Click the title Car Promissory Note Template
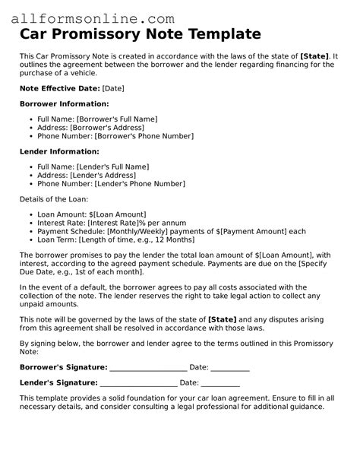[x=141, y=34]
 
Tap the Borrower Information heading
[x=64, y=103]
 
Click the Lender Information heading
[x=59, y=151]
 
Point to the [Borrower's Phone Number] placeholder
[x=144, y=137]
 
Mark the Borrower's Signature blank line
[x=148, y=367]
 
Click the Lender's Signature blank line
[x=139, y=382]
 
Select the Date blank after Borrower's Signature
[x=230, y=367]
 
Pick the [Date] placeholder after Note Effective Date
[x=112, y=88]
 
